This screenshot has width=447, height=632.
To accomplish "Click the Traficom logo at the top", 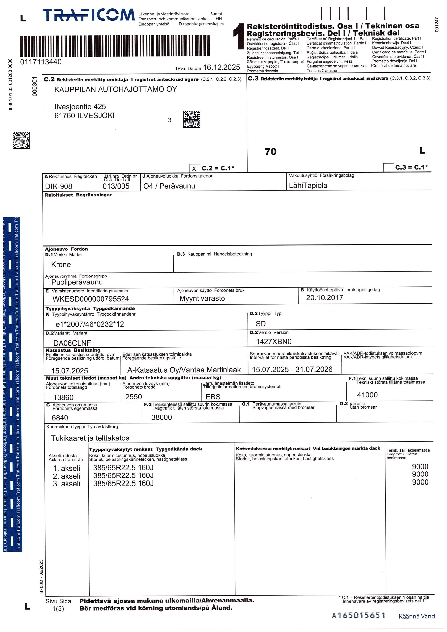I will tap(88, 15).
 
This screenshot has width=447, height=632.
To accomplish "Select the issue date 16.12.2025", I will tap(222, 67).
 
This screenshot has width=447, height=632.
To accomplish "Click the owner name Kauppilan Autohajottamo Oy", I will tap(115, 89).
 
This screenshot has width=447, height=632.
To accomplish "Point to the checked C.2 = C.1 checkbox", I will tap(194, 168).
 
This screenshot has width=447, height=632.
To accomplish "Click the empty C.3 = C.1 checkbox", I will tap(388, 167).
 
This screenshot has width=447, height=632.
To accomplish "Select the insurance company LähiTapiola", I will tap(308, 185).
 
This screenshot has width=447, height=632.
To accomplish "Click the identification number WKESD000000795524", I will tap(91, 299).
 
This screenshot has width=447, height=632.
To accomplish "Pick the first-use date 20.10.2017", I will tap(325, 297).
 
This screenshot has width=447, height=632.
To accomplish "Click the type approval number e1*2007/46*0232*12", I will tap(90, 324).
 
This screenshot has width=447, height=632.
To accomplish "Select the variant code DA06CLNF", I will tap(72, 343).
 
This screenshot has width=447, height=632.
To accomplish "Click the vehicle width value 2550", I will tap(133, 397).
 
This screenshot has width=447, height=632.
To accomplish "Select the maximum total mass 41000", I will tap(367, 395).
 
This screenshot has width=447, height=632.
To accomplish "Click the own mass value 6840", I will tap(60, 418).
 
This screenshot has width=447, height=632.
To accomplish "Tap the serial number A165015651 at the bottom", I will tap(358, 615).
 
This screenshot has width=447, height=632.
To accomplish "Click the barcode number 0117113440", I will tap(41, 62).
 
